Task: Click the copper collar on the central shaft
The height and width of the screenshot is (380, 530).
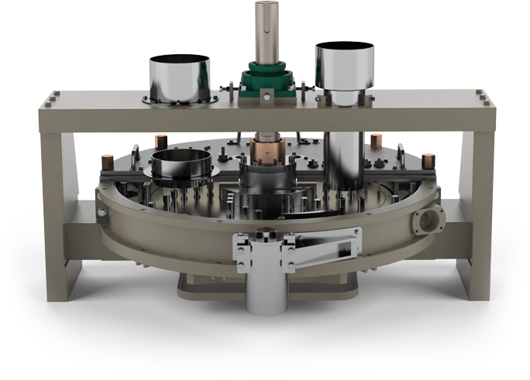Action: tap(265, 150)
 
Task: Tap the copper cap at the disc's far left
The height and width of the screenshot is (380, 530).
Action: tap(108, 163)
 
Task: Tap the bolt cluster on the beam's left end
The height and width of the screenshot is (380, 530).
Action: tap(51, 98)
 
